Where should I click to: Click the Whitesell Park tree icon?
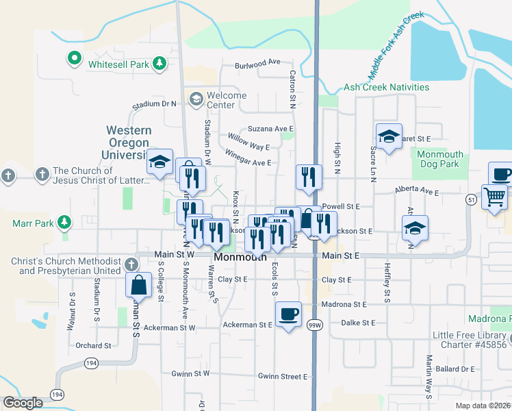pos(159,64)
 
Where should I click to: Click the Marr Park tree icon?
pos(64,222)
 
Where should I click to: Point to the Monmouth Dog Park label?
pos(439,160)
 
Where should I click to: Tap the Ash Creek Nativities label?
pos(386,87)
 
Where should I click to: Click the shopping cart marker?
pos(494,197)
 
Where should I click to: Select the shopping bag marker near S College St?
pos(139,284)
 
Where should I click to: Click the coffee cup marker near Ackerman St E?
pos(288,314)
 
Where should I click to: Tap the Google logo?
pos(23,403)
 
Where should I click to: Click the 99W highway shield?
pos(315,324)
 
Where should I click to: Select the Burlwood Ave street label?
pos(258,63)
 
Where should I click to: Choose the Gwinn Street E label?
pos(283,376)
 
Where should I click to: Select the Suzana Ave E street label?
pos(270,129)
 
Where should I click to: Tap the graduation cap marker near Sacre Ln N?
pos(388,137)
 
